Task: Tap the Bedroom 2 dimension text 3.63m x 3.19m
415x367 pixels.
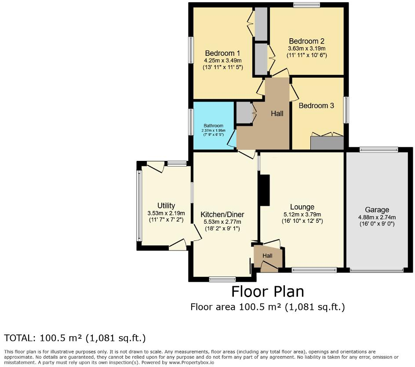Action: [x=306, y=48]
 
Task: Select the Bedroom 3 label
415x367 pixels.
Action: [x=316, y=105]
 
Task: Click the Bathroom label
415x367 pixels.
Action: [x=213, y=126]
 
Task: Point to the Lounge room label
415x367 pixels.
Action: [x=302, y=207]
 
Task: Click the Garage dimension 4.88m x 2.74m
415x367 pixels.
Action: [x=377, y=217]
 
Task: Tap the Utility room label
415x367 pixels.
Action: [x=166, y=206]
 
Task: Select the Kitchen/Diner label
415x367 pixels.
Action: [x=222, y=214]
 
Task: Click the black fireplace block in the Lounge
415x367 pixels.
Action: [x=264, y=190]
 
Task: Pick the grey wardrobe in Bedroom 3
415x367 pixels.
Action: [x=327, y=143]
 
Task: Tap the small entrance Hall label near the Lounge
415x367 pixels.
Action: [x=267, y=256]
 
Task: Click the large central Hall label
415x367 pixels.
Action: [x=277, y=113]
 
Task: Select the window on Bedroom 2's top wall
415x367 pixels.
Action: [x=306, y=5]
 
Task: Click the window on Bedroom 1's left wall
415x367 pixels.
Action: [x=192, y=50]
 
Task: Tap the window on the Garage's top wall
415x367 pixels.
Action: [x=379, y=150]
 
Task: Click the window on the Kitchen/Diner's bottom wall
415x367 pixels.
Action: [x=222, y=279]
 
